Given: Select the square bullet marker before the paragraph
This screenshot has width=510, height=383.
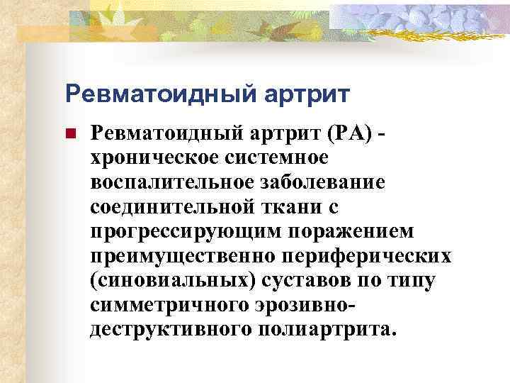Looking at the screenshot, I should pyautogui.click(x=70, y=133).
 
